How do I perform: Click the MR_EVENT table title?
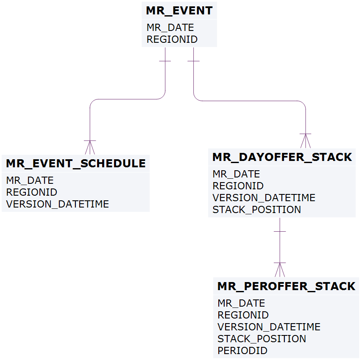point(179,11)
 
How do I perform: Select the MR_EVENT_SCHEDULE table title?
point(75,163)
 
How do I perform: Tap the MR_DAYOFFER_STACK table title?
point(282,158)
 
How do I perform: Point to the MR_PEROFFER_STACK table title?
point(286,286)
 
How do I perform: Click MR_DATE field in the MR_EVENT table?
point(170,28)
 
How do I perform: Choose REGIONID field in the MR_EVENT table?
point(172,39)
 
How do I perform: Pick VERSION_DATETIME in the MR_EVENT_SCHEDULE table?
point(57,204)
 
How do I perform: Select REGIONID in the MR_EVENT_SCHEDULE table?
point(31,192)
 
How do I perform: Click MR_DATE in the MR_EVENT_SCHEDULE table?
point(30,180)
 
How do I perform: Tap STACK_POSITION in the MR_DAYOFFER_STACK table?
point(256,210)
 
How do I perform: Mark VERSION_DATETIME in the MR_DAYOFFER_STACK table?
point(264,198)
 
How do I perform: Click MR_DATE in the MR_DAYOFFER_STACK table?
point(236,174)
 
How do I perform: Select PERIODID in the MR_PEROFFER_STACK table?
point(242,351)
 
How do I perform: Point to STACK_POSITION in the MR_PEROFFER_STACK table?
point(262,339)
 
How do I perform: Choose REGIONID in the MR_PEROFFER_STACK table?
point(243,315)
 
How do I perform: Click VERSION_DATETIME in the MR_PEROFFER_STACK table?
point(269,327)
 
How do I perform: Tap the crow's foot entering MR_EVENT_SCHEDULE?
point(90,147)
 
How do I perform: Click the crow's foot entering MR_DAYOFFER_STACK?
point(305,141)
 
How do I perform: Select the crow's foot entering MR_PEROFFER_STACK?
point(280,270)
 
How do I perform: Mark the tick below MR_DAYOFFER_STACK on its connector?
point(280,231)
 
